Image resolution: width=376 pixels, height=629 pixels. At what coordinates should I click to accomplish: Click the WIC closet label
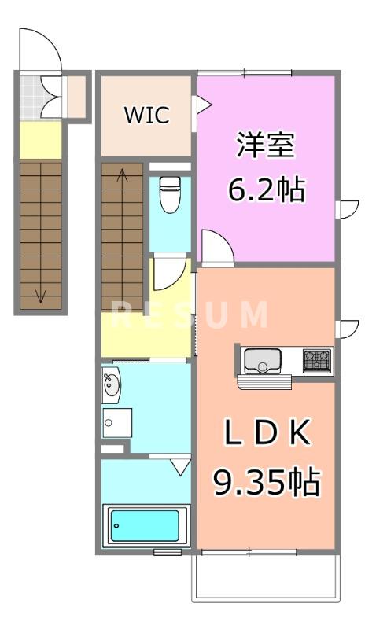[146, 115]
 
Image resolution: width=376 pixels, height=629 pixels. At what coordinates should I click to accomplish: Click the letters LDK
[267, 432]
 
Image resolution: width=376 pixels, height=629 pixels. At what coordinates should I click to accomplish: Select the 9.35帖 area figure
[267, 481]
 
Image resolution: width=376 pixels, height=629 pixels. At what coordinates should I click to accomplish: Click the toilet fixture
[170, 195]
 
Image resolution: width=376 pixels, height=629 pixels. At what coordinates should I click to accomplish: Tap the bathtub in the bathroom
[147, 524]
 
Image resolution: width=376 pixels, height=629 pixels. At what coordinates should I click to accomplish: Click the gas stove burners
[318, 360]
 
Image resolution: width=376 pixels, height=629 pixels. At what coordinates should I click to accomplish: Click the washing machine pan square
[116, 423]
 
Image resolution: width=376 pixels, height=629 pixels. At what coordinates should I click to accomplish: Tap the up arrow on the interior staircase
[122, 176]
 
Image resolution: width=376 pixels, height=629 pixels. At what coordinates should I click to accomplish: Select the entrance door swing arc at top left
[41, 49]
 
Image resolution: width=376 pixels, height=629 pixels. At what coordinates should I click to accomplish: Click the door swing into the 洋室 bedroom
[215, 246]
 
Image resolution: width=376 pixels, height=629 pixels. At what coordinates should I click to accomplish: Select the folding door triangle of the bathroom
[180, 468]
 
